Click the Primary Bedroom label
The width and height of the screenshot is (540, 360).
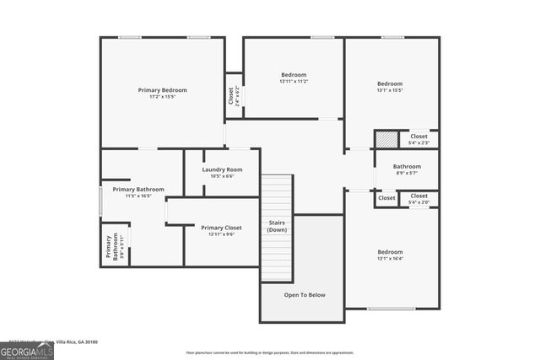point(162,89)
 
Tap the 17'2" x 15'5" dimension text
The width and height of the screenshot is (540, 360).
point(162,97)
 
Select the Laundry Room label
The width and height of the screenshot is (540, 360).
point(222,169)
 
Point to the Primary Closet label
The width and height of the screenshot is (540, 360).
point(221,227)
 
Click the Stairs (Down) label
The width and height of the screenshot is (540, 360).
point(277,226)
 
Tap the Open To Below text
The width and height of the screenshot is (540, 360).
point(304,294)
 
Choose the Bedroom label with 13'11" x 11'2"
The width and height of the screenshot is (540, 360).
point(294,75)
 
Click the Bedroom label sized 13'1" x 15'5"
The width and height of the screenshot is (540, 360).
point(390,83)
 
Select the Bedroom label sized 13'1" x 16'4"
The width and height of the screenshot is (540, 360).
point(390,252)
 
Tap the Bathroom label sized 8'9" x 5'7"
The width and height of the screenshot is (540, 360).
point(407,166)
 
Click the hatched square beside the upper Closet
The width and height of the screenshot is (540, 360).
point(386,139)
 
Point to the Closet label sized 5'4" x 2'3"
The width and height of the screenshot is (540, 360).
point(419,136)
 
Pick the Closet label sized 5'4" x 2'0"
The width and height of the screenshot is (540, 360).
point(419,196)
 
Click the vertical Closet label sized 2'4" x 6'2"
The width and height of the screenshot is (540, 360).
point(232,95)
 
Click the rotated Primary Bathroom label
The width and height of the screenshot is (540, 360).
point(111,246)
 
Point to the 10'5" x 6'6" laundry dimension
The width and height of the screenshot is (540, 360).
point(222,176)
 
